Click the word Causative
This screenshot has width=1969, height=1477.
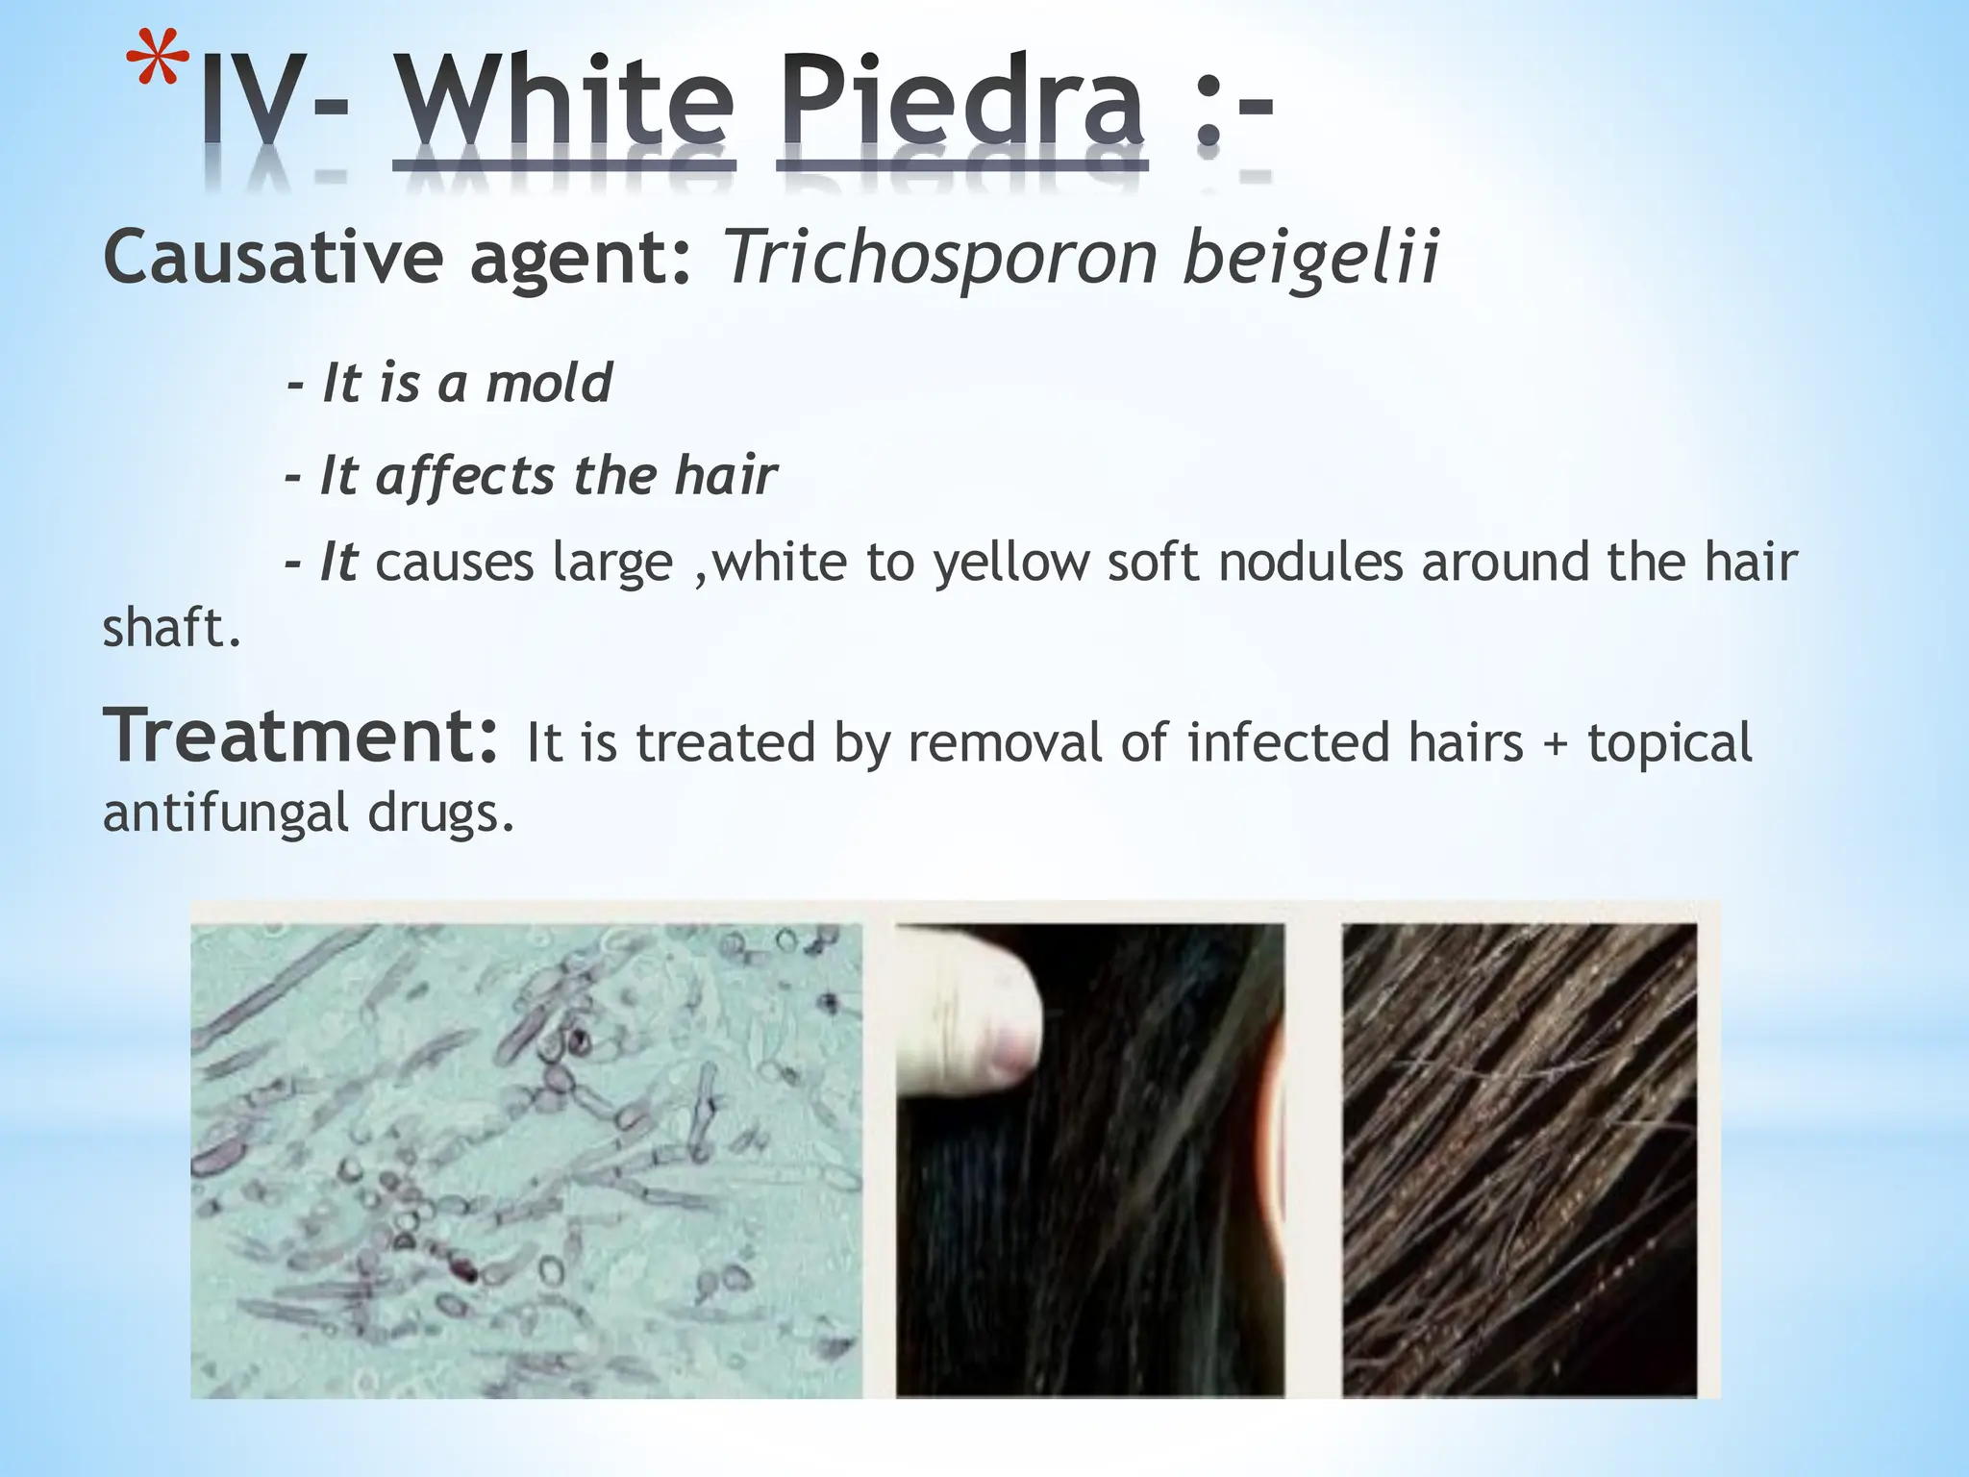click(x=273, y=258)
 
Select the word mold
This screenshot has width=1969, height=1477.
click(x=549, y=383)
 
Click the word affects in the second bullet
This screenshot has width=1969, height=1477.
click(x=465, y=476)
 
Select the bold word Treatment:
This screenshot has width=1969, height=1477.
click(x=301, y=737)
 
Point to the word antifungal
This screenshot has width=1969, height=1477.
click(x=225, y=813)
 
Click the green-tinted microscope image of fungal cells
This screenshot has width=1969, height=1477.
click(x=526, y=1160)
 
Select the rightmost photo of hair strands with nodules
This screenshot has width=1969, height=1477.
click(x=1519, y=1160)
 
